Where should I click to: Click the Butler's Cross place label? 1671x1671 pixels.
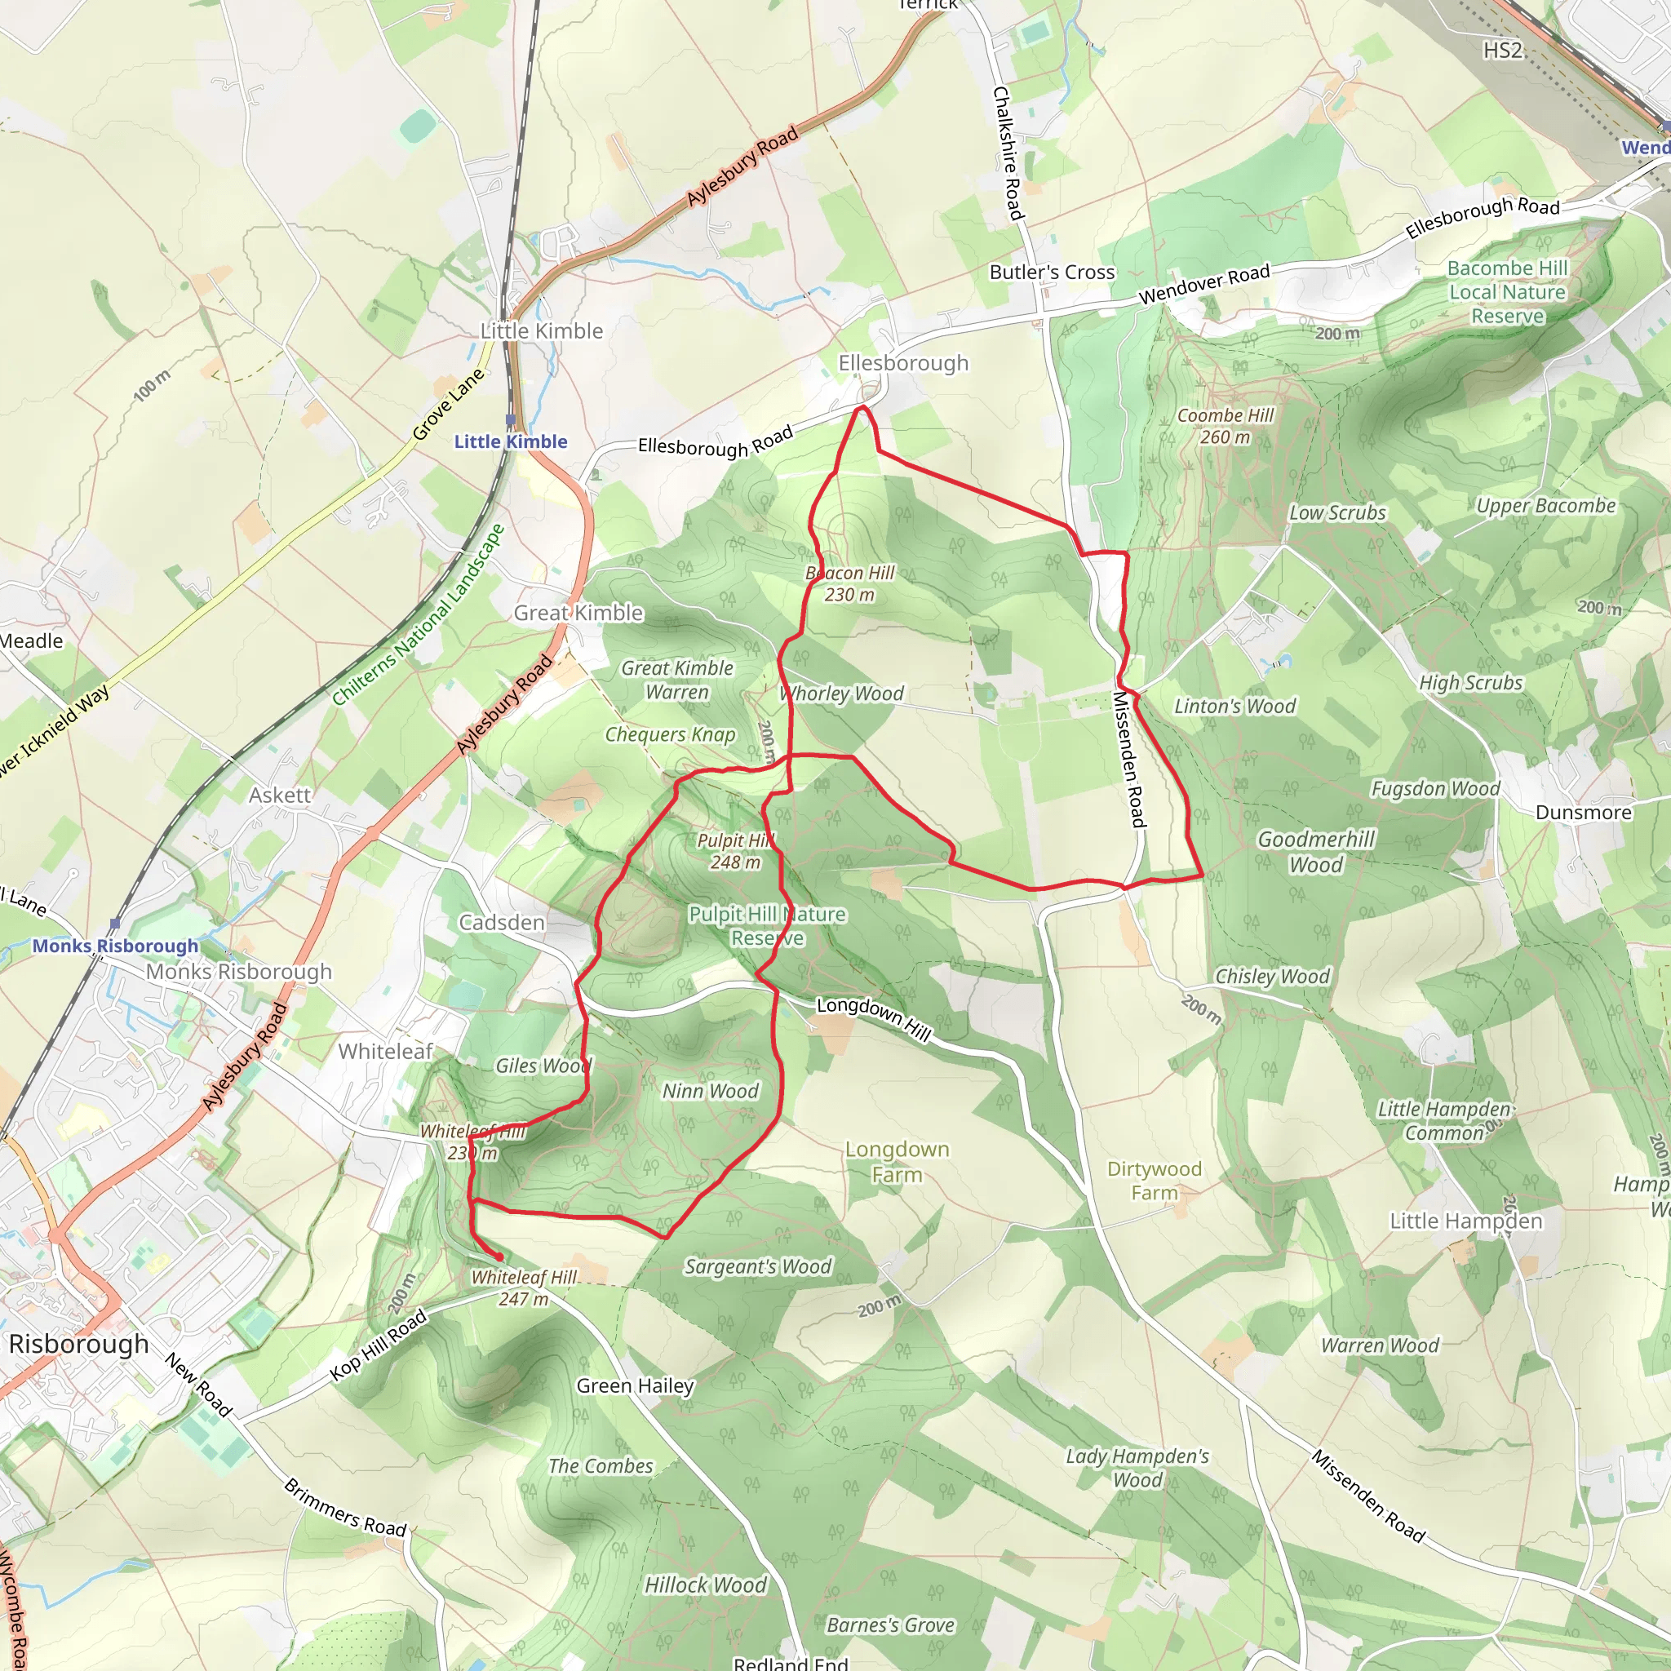(1052, 273)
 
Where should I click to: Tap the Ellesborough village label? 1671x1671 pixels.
(903, 363)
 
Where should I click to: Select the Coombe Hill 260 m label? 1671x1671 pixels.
(1225, 427)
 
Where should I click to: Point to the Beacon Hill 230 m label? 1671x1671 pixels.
(849, 584)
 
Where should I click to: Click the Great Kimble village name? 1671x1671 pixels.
(578, 614)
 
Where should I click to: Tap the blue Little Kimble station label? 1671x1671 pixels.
(510, 442)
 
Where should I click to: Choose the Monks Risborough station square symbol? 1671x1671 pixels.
(115, 924)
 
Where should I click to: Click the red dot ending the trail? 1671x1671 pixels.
(499, 1257)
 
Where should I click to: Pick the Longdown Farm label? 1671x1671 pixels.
(897, 1162)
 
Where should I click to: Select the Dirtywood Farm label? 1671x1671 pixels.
(1154, 1181)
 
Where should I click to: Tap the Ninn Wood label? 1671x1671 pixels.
(710, 1092)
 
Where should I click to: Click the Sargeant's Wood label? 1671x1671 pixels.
(758, 1267)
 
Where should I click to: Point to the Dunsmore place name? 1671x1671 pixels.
(1583, 812)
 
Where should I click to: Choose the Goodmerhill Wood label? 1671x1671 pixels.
(1315, 852)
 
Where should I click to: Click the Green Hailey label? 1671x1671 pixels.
(635, 1385)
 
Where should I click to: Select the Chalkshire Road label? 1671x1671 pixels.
(1008, 153)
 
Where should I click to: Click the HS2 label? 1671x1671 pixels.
(1502, 50)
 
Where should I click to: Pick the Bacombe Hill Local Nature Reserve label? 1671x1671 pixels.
(1508, 292)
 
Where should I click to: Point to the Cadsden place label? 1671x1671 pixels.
(502, 923)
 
